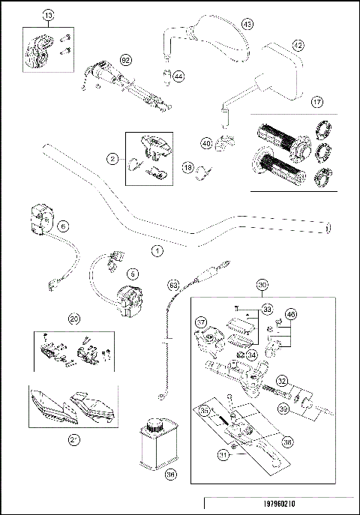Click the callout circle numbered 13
click(x=48, y=15)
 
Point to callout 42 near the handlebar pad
click(x=298, y=46)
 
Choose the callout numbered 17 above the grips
click(x=317, y=101)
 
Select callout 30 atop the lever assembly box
click(x=262, y=285)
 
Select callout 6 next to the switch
click(x=63, y=226)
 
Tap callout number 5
click(x=133, y=274)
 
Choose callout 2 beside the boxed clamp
click(x=112, y=159)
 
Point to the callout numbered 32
click(x=283, y=380)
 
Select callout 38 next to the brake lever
click(x=288, y=443)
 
